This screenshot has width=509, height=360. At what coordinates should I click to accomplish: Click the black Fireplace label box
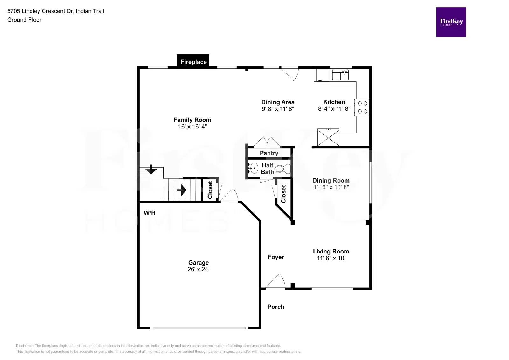[x=193, y=61]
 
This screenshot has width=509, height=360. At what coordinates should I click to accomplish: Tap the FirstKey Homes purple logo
[x=451, y=22]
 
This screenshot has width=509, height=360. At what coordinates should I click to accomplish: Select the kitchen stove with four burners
[x=362, y=107]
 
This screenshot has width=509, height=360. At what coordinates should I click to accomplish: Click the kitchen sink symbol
[x=340, y=75]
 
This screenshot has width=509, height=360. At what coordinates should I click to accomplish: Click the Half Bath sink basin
[x=254, y=168]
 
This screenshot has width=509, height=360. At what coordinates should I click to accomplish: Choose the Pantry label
[x=269, y=153]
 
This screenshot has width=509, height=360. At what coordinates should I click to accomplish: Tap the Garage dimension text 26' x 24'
[x=198, y=269]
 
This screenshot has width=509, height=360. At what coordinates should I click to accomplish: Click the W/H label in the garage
[x=150, y=213]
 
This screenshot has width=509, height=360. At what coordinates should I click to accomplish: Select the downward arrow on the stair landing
[x=151, y=169]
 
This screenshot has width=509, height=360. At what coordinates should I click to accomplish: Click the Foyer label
[x=275, y=257]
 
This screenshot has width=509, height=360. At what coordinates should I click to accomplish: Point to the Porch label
[x=275, y=307]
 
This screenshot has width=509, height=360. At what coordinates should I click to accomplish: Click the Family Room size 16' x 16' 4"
[x=192, y=127]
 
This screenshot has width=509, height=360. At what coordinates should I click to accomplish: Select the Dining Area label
[x=278, y=102]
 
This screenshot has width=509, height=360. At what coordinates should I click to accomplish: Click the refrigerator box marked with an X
[x=328, y=137]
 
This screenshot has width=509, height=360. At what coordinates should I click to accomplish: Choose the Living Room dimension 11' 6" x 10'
[x=331, y=258]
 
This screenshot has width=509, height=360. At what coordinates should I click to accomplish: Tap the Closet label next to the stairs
[x=210, y=190]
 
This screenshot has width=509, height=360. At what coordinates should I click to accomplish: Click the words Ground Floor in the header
[x=24, y=20]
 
